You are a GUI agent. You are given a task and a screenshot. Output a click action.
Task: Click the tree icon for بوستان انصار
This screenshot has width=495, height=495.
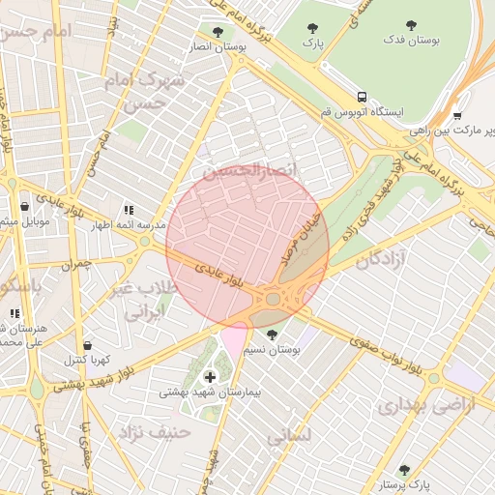[218, 31]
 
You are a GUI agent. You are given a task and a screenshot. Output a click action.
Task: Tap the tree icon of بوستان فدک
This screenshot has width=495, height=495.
[412, 26]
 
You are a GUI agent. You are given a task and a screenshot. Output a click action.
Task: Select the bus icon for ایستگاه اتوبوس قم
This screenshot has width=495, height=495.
[362, 97]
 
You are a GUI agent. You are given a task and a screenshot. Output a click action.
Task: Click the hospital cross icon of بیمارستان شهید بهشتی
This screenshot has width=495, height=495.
[210, 376]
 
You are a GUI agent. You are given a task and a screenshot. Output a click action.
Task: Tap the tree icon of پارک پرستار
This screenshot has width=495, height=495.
[404, 470]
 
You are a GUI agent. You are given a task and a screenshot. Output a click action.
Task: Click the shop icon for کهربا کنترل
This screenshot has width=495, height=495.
[88, 345]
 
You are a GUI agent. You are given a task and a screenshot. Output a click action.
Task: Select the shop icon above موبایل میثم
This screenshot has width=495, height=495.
[24, 206]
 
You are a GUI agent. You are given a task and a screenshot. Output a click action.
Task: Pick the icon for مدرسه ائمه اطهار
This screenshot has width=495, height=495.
[129, 209]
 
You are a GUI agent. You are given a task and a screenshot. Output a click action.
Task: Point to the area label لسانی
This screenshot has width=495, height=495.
[288, 436]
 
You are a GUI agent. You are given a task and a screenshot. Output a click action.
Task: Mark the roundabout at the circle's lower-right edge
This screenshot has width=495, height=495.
[274, 299]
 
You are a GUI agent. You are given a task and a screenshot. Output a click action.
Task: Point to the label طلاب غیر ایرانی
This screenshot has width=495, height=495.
[143, 301]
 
